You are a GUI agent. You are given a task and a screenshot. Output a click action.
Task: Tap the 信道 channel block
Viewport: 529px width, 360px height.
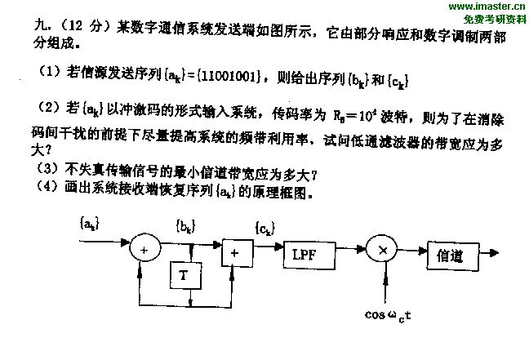(447, 256)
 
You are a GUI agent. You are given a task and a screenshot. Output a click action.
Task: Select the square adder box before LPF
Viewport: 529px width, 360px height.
(234, 253)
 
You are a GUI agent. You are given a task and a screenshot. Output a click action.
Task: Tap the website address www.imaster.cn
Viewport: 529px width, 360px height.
(484, 7)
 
